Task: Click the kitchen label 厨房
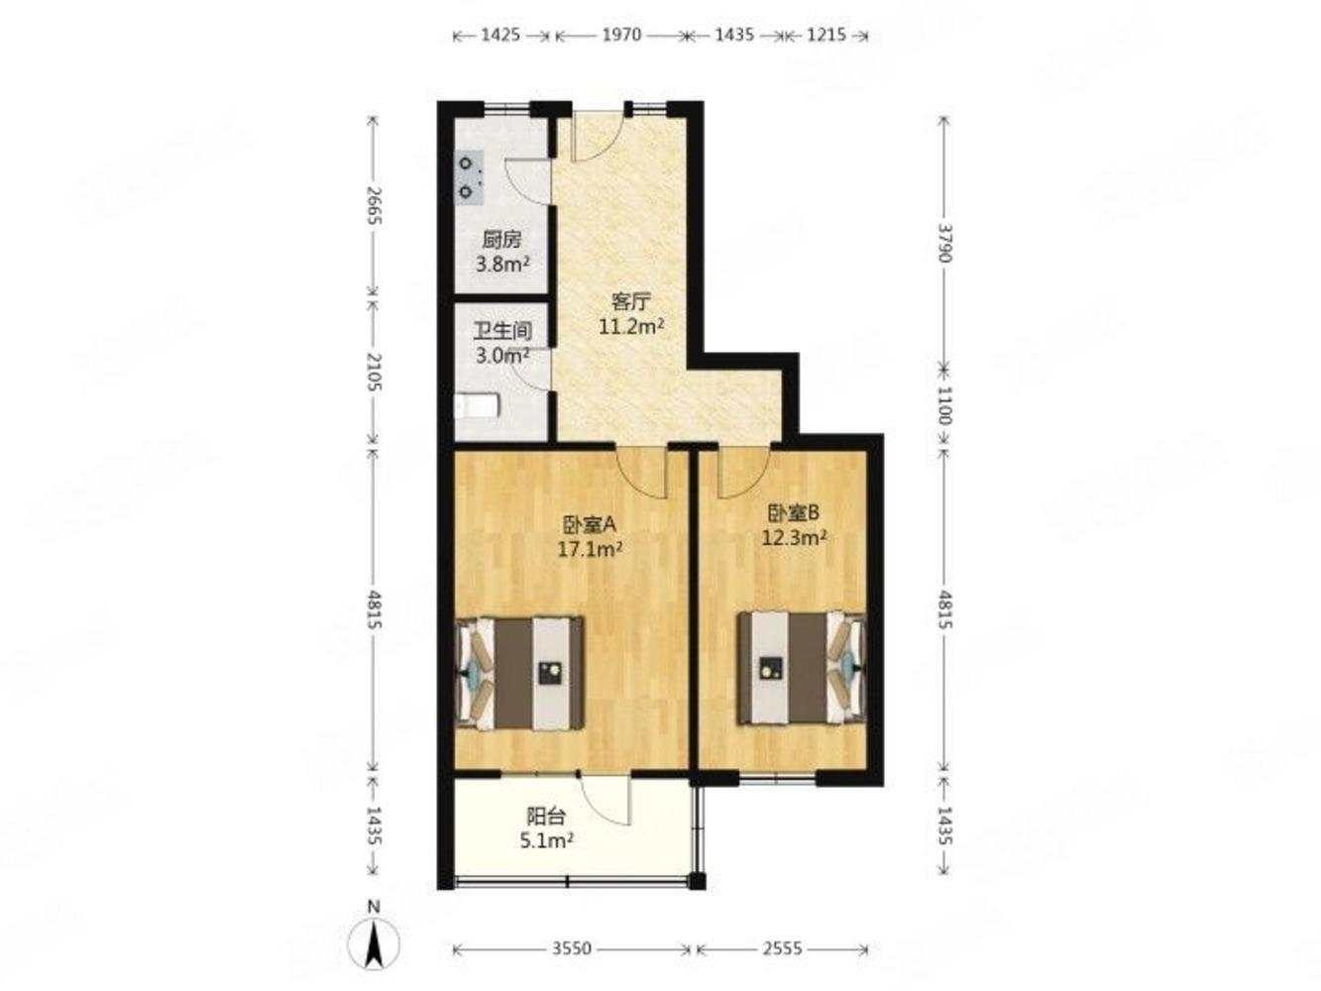pos(501,240)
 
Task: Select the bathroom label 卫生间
pos(502,331)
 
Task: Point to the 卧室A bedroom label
pos(589,525)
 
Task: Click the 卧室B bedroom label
pos(793,512)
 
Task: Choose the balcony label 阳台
pos(546,817)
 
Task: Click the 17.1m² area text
pos(590,549)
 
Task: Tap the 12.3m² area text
pos(793,537)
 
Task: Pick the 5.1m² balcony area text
pos(546,840)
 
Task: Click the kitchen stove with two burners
pos(469,178)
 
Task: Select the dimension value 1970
pos(621,36)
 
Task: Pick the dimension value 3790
pos(944,243)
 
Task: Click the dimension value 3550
pos(572,948)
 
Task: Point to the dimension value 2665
pos(374,205)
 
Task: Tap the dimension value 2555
pos(782,948)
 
